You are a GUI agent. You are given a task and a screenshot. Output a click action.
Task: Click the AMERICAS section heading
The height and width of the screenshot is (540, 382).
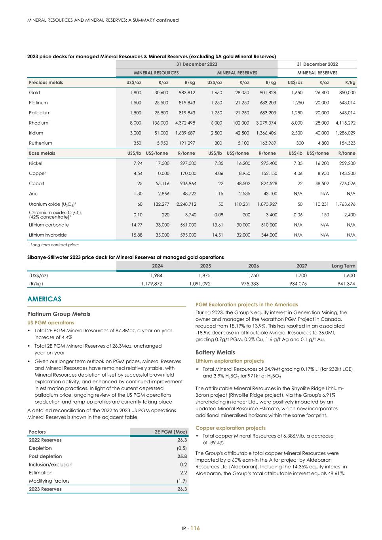[44, 299]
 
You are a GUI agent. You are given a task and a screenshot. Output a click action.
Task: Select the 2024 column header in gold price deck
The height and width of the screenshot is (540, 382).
[157, 266]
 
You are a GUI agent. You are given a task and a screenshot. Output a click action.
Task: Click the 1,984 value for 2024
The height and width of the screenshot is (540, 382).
[156, 275]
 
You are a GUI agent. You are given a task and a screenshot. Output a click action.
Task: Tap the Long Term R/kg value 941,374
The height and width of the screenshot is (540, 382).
[346, 284]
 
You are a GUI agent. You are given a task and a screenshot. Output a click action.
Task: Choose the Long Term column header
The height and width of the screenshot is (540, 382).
[343, 266]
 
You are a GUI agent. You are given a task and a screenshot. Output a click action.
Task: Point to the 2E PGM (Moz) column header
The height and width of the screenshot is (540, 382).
[171, 432]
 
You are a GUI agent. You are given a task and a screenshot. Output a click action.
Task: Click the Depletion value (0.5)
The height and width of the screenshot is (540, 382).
[182, 448]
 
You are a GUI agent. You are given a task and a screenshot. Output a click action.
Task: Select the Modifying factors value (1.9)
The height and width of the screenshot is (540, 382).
[182, 481]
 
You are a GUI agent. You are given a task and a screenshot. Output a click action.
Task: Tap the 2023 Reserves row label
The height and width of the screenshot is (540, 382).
[45, 489]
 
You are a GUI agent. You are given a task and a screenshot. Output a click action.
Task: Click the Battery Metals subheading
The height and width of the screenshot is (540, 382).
[215, 352]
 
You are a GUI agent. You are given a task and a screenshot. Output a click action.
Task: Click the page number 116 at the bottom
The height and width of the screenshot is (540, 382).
[195, 528]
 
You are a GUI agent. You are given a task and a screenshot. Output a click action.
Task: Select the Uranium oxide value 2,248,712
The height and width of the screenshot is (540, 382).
[186, 204]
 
